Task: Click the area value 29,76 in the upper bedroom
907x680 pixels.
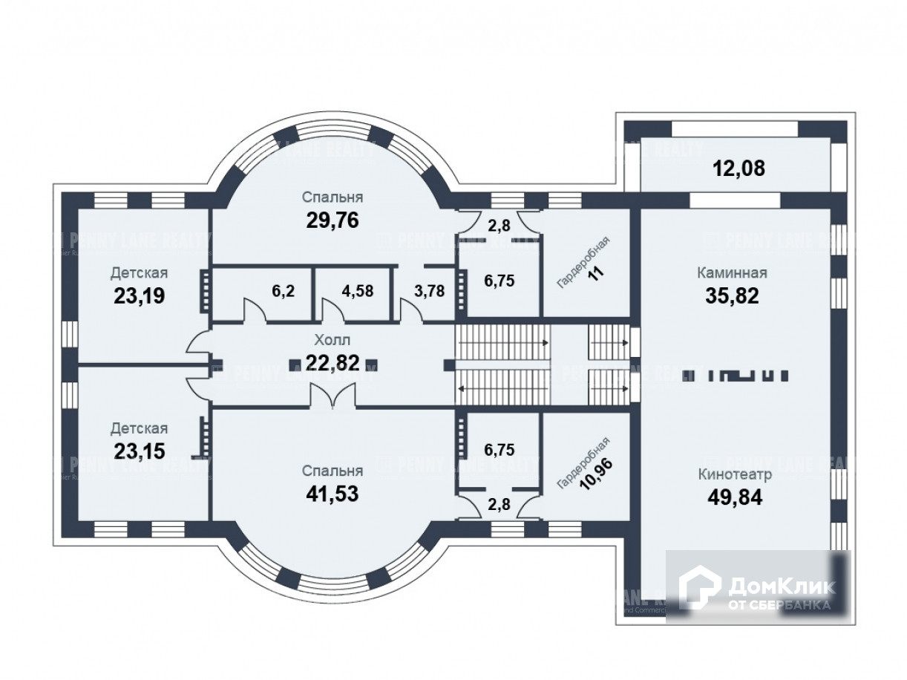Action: click(x=332, y=220)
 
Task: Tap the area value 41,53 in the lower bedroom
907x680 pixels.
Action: click(x=332, y=493)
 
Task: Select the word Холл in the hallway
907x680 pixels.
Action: click(x=332, y=341)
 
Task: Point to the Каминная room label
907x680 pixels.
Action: click(x=731, y=273)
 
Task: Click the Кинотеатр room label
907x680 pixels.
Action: click(x=735, y=474)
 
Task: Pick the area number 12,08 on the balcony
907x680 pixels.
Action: click(x=739, y=169)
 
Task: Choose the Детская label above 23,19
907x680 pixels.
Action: click(x=139, y=273)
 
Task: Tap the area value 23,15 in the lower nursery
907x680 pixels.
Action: click(x=139, y=451)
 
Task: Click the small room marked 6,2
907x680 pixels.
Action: click(x=283, y=291)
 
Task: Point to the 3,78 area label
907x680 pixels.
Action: click(x=429, y=291)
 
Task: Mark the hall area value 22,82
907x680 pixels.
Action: click(x=332, y=362)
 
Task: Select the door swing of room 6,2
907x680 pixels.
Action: click(x=255, y=310)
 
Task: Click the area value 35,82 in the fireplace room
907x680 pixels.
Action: click(x=731, y=295)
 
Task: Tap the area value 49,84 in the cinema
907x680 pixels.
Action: click(x=735, y=496)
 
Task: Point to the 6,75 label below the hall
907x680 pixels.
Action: click(x=499, y=449)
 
